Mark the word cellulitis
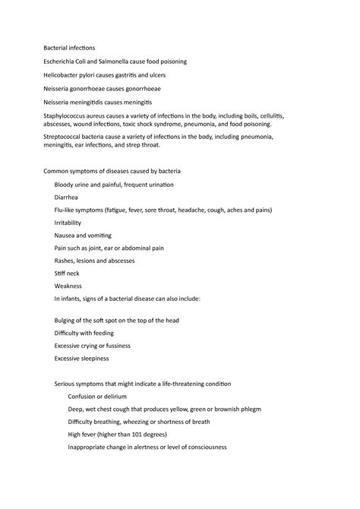pyautogui.click(x=270, y=115)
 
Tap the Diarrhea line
pyautogui.click(x=68, y=197)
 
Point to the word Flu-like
pyautogui.click(x=68, y=210)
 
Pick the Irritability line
pyautogui.click(x=70, y=222)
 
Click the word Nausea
pyautogui.click(x=66, y=235)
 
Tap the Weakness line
pyautogui.click(x=70, y=286)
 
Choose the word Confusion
pyautogui.click(x=83, y=397)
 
